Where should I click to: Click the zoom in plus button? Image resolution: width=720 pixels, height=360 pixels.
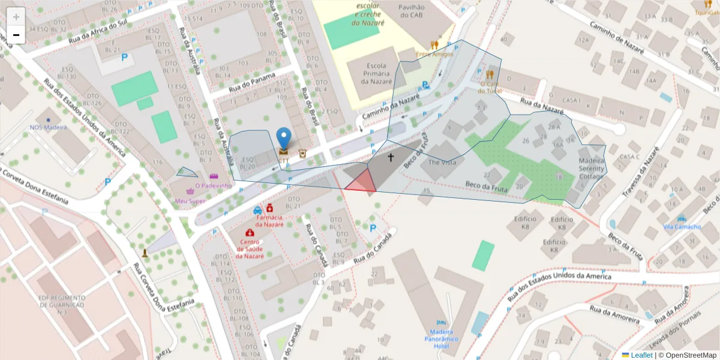click(16, 17)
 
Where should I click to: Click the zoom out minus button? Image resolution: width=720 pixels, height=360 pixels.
click(16, 35)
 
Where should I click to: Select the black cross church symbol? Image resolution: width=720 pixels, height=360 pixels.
click(391, 157)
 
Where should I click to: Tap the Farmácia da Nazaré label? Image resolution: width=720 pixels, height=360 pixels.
click(269, 220)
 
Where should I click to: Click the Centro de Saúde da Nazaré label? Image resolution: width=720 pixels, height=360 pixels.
click(249, 248)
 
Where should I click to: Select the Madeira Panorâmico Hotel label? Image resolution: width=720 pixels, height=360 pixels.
click(441, 338)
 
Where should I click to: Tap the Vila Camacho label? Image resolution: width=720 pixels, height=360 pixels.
click(682, 227)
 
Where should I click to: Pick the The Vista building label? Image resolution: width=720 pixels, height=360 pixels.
click(442, 163)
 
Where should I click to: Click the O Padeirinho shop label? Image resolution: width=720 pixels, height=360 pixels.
click(209, 186)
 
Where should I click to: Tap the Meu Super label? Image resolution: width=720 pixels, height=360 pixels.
click(190, 201)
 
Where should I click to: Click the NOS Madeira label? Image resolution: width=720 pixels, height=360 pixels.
click(48, 127)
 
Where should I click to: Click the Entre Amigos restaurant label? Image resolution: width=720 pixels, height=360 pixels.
click(434, 54)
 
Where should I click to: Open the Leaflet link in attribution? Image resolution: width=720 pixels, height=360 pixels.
click(641, 355)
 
